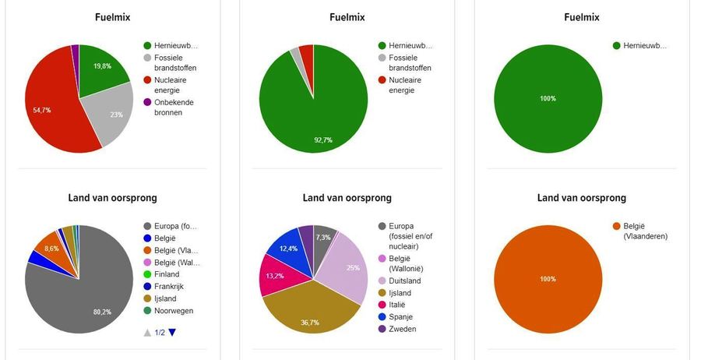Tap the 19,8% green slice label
pos(102,66)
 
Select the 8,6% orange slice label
pos(51,248)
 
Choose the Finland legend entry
pos(167,274)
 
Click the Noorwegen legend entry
pos(173,310)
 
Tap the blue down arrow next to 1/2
pos(172,333)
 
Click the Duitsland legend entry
pos(407,280)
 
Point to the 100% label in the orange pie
pos(548,279)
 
